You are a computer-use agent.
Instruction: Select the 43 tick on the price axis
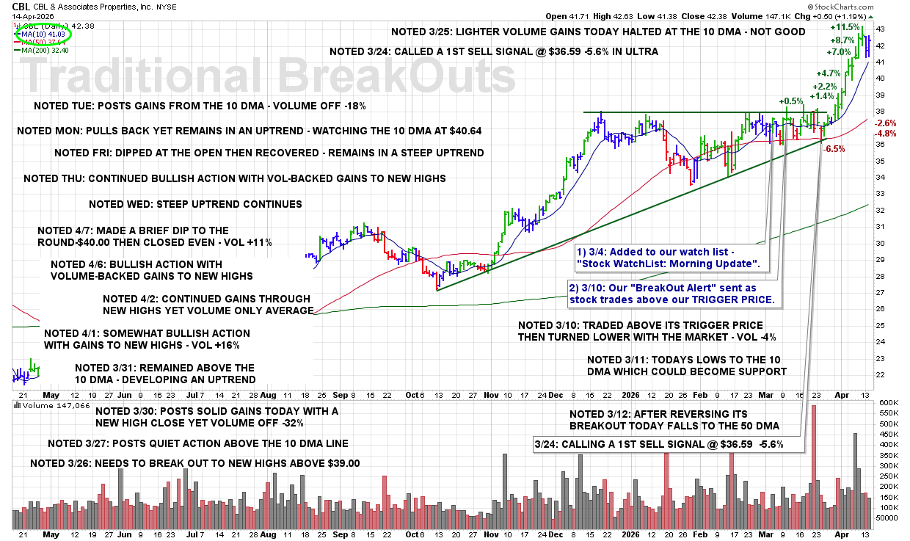coord(880,29)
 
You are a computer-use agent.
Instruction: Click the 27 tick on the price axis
coord(880,293)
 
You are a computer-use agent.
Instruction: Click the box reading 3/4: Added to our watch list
coord(669,258)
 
